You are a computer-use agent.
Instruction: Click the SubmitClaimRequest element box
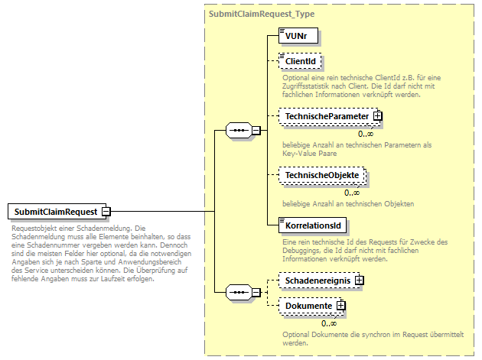(54, 211)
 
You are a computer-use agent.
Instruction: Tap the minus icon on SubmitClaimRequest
(106, 211)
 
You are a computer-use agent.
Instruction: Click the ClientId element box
(301, 61)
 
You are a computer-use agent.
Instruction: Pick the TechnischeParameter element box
(327, 116)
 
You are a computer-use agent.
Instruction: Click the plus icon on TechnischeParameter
(377, 116)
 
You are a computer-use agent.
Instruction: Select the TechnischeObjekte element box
(322, 177)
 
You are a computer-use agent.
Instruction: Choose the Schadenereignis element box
(318, 281)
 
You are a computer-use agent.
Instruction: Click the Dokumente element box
(308, 306)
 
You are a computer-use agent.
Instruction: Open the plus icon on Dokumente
(341, 306)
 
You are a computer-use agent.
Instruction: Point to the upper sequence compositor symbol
(240, 130)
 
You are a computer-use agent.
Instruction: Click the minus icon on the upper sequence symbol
(258, 130)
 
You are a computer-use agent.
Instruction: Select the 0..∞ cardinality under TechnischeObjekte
(353, 193)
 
